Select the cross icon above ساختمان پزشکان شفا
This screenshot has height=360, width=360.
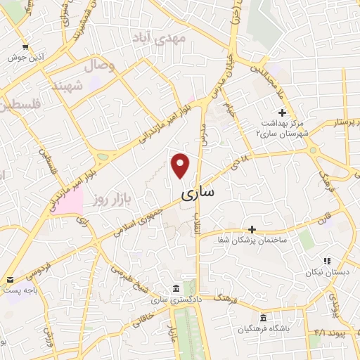coord(252,229)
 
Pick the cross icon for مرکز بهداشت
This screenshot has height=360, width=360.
coord(282,112)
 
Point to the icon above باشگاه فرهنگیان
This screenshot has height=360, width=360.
coord(263,316)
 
